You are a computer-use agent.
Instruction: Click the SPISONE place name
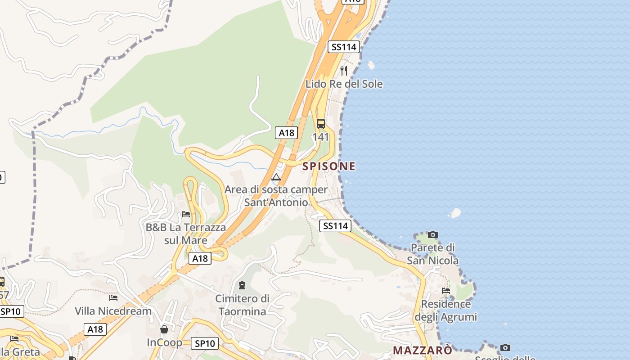[328, 166]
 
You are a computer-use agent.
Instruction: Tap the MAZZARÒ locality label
[423, 350]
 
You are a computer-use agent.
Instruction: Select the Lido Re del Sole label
[344, 84]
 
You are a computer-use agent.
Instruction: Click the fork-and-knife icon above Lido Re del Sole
[344, 70]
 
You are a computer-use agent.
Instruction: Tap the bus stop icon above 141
[321, 124]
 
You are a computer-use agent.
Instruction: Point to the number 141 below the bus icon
[321, 137]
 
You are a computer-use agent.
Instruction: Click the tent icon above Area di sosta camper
[276, 177]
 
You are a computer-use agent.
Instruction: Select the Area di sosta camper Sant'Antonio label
[276, 196]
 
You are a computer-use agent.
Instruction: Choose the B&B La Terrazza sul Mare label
[185, 234]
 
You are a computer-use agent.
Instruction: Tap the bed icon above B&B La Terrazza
[185, 214]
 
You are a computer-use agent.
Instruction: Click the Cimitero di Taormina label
[242, 305]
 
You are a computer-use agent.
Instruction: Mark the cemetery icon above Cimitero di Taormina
[242, 285]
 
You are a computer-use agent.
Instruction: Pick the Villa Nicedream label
[113, 311]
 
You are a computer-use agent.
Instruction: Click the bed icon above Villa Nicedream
[113, 297]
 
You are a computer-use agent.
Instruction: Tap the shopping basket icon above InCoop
[164, 329]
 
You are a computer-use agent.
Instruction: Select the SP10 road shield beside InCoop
[205, 343]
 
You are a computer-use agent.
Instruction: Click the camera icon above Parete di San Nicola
[433, 234]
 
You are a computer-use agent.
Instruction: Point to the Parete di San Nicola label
[433, 254]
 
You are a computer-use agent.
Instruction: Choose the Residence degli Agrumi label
[445, 310]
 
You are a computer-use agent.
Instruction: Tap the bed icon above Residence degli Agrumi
[445, 291]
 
